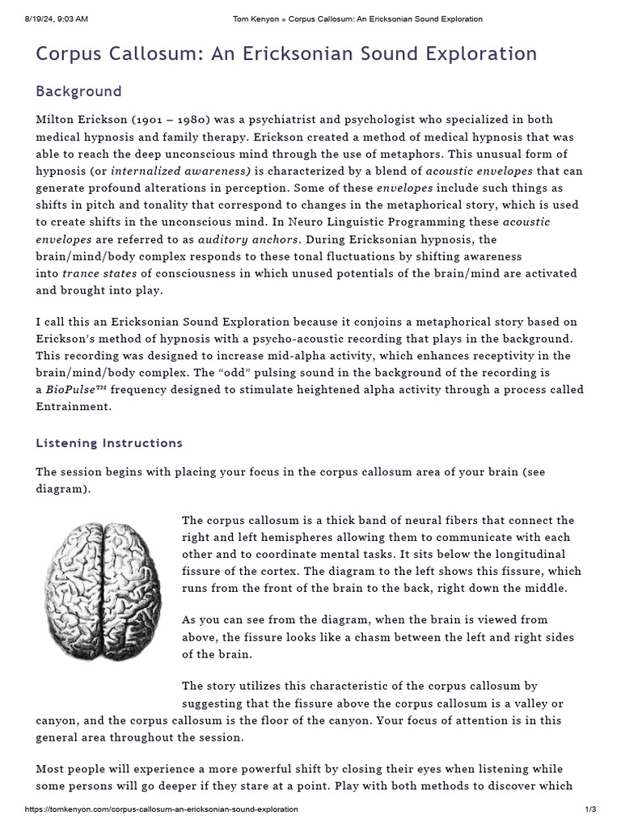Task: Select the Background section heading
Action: click(x=78, y=91)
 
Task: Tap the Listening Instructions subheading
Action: click(x=109, y=443)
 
